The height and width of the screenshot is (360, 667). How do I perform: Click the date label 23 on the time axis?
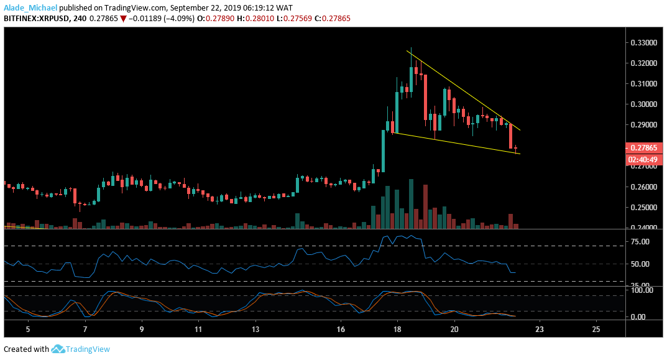(539, 329)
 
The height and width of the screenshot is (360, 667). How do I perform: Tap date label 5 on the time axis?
(27, 329)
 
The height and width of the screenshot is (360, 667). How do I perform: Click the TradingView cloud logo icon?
(58, 349)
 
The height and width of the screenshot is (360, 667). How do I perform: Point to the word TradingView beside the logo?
(89, 349)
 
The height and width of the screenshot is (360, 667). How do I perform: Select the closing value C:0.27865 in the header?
(333, 19)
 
